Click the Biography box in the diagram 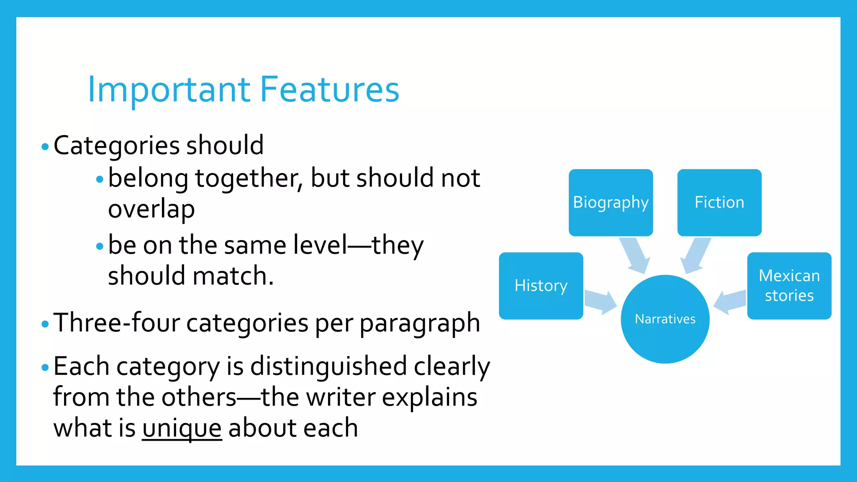[x=611, y=203]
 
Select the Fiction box [x=719, y=203]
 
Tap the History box [x=541, y=286]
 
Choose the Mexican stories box [x=789, y=286]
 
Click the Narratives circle [x=665, y=319]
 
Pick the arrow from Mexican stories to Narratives [x=730, y=302]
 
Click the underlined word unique [x=182, y=428]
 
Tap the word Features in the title [x=330, y=90]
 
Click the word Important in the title [x=169, y=90]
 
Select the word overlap [x=151, y=209]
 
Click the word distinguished [x=328, y=367]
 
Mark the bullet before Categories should [x=45, y=147]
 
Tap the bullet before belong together [x=100, y=179]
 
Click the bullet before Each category [x=45, y=368]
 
